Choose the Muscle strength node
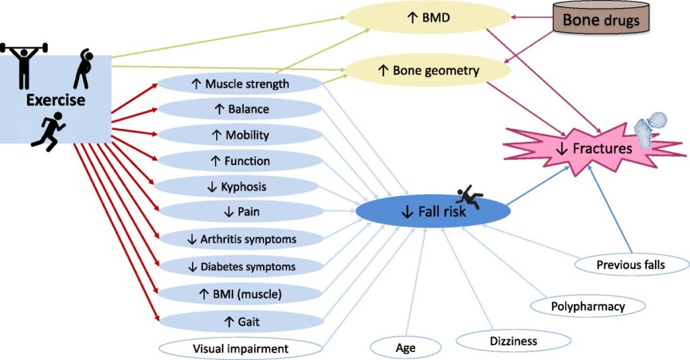(x=240, y=84)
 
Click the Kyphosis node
(x=240, y=187)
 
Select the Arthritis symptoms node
(x=240, y=239)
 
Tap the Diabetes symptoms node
(x=240, y=266)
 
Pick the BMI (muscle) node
(x=240, y=293)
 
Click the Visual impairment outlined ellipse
(x=240, y=349)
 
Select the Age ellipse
(x=405, y=348)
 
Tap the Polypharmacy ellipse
(x=588, y=307)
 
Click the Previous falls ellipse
(x=630, y=264)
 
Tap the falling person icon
(x=468, y=197)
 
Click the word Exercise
(x=56, y=100)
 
